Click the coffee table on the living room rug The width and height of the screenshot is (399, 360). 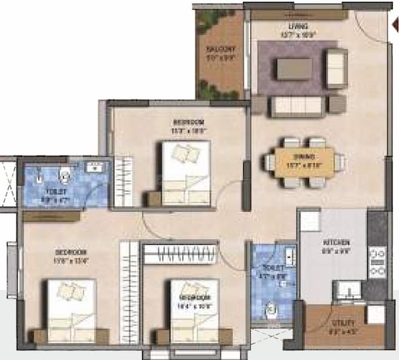tap(294, 68)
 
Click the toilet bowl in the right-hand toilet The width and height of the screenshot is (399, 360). tap(271, 308)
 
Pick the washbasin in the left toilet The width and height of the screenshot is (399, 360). tap(96, 167)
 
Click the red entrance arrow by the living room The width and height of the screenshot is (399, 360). tap(395, 26)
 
